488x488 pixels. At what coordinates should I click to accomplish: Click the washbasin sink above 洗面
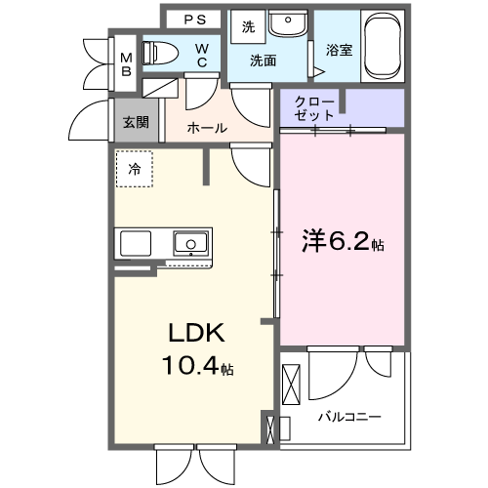click(287, 24)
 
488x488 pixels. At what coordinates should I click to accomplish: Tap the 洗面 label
click(263, 61)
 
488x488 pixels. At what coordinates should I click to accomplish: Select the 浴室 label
click(338, 48)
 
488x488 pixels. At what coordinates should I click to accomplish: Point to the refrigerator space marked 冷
click(135, 169)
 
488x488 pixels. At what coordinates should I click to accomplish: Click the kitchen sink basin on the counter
click(188, 241)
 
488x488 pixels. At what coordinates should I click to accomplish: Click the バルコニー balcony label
click(348, 417)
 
